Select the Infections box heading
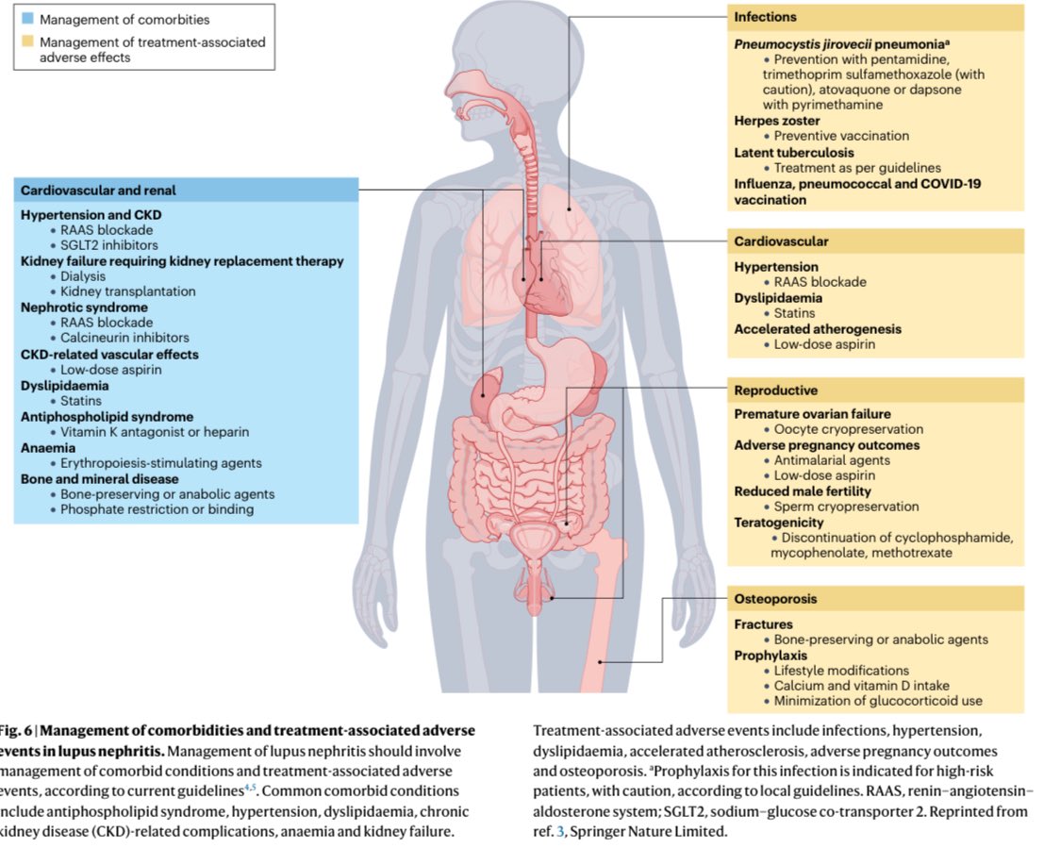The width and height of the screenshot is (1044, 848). pos(765,17)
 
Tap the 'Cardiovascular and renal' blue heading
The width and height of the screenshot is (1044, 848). pos(98,191)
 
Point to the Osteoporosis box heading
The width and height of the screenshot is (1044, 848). pos(776,599)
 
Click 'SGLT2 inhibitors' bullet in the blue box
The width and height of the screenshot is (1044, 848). pos(109,245)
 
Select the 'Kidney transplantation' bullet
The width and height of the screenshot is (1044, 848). pos(128,291)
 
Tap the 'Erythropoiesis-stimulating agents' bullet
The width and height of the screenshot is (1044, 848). pos(160,463)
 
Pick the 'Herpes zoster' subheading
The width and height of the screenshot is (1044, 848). pos(778,121)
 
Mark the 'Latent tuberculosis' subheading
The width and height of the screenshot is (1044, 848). pos(794,152)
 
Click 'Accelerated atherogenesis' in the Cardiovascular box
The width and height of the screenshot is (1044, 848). pos(818,329)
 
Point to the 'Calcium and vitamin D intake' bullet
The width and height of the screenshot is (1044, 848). pos(861,686)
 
